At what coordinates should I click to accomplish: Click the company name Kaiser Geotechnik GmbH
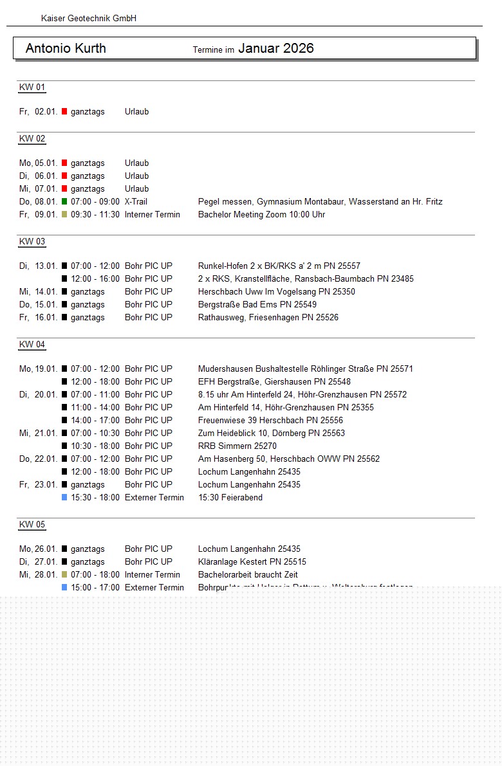click(89, 19)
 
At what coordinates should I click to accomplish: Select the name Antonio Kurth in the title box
click(66, 48)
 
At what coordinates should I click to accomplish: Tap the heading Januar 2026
click(275, 48)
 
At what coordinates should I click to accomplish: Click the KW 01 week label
click(32, 87)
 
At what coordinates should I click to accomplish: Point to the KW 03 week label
click(32, 242)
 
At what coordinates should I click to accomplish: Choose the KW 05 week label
click(32, 525)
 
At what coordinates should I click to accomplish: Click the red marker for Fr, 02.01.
click(64, 111)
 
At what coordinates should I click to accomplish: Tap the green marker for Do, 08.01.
click(64, 201)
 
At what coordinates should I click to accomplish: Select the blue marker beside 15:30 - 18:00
click(64, 497)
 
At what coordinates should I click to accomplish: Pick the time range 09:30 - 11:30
click(95, 214)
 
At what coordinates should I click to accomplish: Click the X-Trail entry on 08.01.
click(136, 201)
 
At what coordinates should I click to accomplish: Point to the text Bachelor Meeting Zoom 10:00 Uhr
click(261, 214)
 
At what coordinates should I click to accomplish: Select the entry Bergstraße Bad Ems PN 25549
click(257, 304)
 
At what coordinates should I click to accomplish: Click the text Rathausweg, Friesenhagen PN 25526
click(268, 317)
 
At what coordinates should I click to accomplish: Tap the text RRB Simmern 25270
click(237, 446)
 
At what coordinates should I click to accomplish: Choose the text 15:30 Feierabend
click(230, 497)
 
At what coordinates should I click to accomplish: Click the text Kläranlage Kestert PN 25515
click(252, 561)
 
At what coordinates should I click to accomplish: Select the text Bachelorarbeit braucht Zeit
click(248, 574)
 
